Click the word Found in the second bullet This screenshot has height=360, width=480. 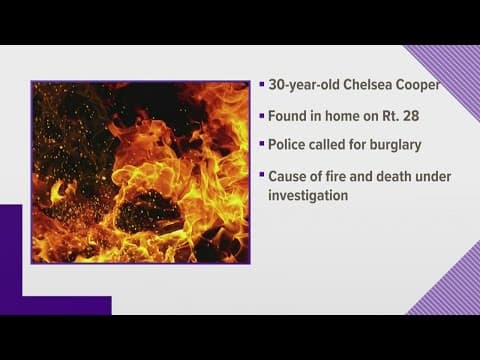coord(290,115)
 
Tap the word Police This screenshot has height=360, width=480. coord(290,145)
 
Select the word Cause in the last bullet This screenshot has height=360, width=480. coord(290,176)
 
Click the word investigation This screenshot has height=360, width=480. coord(308,196)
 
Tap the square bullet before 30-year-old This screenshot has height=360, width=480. coord(261,85)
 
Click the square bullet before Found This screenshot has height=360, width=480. coord(261,115)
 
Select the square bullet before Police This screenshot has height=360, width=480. coord(261,145)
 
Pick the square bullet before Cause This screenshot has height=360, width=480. coord(261,176)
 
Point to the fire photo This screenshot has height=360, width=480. coord(140,172)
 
